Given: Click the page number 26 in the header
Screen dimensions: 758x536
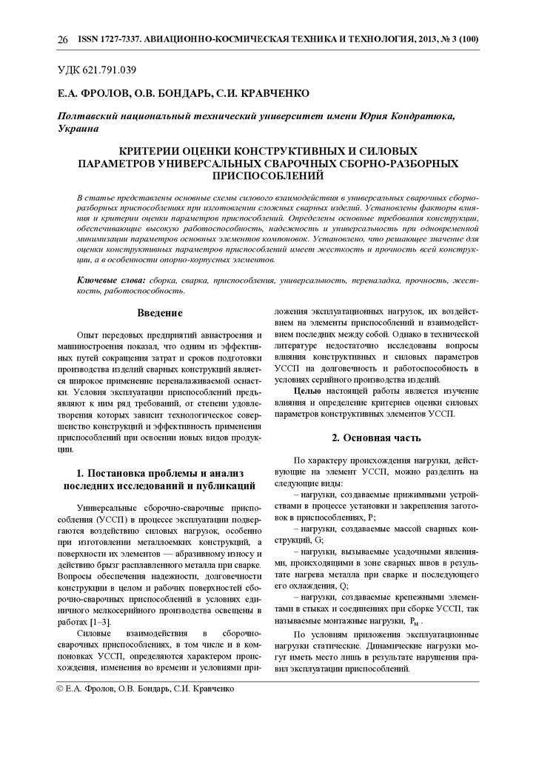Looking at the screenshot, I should click(62, 39).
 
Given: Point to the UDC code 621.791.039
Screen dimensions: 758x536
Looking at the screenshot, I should click(110, 70).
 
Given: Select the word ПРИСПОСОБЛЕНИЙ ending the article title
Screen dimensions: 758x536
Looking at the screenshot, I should click(268, 176).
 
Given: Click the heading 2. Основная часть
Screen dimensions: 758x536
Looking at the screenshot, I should click(376, 437).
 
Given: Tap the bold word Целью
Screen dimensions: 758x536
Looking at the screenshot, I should click(306, 390).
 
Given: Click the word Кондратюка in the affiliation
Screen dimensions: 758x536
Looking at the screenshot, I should click(416, 116).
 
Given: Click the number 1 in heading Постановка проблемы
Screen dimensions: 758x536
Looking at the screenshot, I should click(80, 472).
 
